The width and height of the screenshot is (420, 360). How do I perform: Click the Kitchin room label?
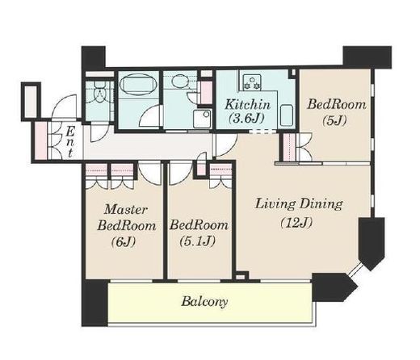click(x=247, y=104)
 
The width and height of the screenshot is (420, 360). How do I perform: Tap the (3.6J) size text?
click(x=246, y=118)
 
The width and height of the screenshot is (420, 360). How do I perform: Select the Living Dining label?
click(x=299, y=204)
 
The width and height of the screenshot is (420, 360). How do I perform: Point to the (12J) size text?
click(x=296, y=223)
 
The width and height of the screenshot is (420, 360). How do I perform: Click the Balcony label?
click(x=204, y=302)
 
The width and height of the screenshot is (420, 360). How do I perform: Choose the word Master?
click(x=126, y=209)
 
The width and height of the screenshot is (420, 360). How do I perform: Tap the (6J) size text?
click(x=123, y=242)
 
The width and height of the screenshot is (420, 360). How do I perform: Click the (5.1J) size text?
click(x=198, y=241)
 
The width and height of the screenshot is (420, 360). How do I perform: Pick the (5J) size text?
click(x=334, y=120)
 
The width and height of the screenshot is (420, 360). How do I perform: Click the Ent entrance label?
click(x=70, y=142)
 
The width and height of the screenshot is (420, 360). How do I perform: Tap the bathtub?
click(x=138, y=84)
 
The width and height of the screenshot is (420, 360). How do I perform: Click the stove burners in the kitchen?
click(x=252, y=82)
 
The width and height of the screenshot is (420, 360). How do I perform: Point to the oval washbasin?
click(x=179, y=81)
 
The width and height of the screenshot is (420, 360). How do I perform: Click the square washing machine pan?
click(x=202, y=119)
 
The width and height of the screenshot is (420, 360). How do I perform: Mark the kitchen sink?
click(x=287, y=115)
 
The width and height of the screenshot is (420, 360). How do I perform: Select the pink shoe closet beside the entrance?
click(x=41, y=141)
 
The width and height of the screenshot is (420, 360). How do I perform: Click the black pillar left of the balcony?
click(x=95, y=303)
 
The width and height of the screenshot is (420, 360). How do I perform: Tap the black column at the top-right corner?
click(x=367, y=57)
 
